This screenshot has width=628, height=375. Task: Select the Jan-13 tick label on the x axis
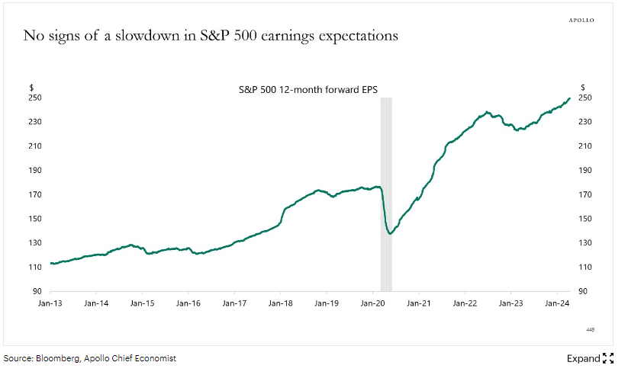50,303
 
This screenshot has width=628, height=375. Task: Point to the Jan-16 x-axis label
188,303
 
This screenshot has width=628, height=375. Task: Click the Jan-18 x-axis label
281,303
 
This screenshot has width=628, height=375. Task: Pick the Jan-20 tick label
373,303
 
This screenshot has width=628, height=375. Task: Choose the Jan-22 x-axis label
465,303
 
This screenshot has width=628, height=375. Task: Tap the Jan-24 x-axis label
558,303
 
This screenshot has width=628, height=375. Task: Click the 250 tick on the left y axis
37,98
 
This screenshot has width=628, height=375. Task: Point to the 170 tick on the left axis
37,194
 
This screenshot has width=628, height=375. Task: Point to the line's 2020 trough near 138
390,233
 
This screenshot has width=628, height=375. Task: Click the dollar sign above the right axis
582,87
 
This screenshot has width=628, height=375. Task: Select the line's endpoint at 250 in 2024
569,98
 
